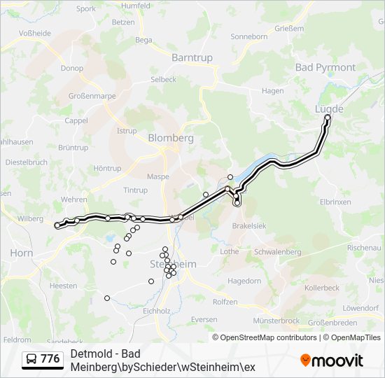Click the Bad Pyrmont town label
[325, 68]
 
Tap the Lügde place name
[329, 109]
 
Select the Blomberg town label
[170, 138]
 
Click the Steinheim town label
[172, 264]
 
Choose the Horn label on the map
[21, 253]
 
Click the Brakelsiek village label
[250, 226]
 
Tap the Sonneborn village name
[248, 36]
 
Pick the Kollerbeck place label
[321, 288]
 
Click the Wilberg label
[30, 218]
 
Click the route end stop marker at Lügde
[328, 118]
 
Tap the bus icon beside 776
[31, 359]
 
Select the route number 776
[50, 359]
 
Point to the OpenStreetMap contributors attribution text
[265, 337]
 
